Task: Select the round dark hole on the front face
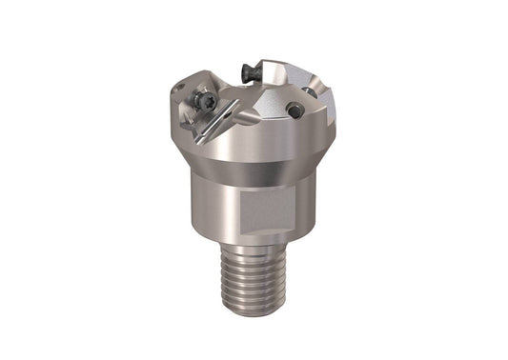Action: (296, 110)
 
